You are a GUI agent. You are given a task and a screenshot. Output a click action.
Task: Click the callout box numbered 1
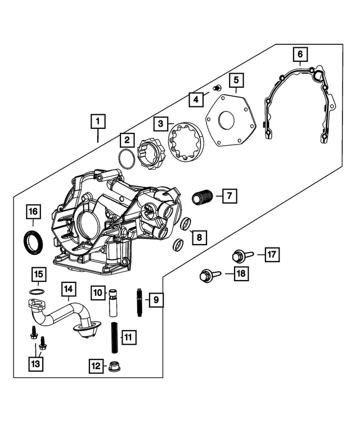point(97,121)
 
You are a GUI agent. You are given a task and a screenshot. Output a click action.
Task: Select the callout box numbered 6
point(300,54)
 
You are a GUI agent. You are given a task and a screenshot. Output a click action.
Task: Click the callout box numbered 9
point(156,300)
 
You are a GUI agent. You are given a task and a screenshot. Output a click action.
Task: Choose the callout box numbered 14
point(68,290)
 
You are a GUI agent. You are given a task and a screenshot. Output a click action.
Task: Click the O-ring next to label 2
point(128,159)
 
